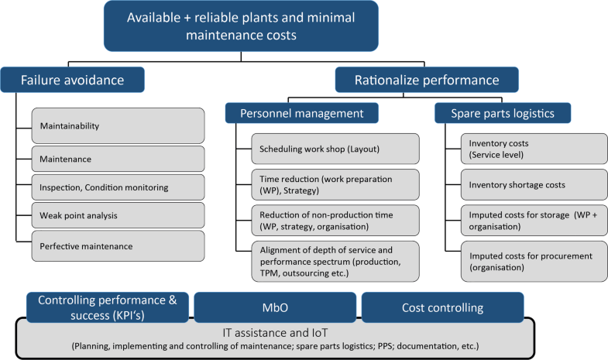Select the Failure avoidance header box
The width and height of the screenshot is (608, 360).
point(74,78)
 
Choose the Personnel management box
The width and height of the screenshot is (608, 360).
point(302,113)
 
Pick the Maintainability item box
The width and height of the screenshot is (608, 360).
point(117,125)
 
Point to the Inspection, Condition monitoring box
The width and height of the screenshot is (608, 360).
point(117,187)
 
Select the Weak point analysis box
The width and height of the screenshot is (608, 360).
point(117,215)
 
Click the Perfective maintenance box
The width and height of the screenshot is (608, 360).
point(117,245)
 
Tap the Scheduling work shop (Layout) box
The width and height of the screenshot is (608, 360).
point(335,148)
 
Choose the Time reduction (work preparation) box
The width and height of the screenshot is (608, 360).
point(335,183)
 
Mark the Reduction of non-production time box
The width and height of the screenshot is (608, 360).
point(335,220)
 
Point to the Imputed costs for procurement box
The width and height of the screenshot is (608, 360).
point(527,261)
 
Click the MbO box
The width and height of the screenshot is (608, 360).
point(275,307)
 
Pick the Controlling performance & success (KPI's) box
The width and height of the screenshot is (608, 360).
point(108,307)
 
